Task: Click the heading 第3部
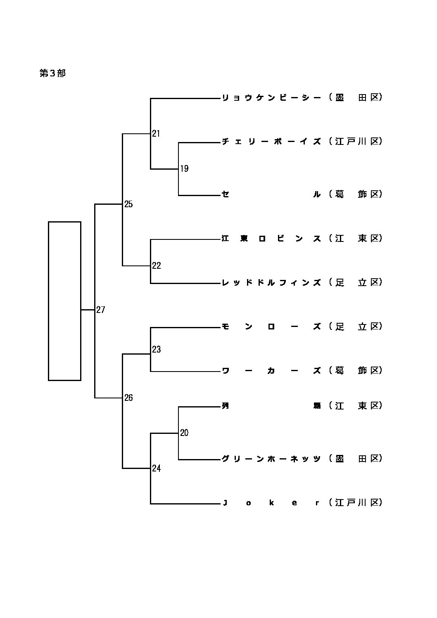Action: [52, 73]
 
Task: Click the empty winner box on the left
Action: [64, 301]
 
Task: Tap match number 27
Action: [101, 310]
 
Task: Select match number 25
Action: [128, 204]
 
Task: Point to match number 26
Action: [128, 398]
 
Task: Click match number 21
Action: [156, 133]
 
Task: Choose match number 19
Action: [184, 168]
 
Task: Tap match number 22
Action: [156, 265]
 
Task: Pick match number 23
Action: [156, 350]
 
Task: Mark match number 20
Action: [184, 433]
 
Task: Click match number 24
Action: [156, 468]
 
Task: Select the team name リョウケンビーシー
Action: [271, 98]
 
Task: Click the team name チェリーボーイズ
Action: [271, 142]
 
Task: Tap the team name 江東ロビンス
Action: [271, 239]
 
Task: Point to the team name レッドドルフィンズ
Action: [271, 283]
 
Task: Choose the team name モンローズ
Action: [271, 327]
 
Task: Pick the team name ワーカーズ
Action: [271, 371]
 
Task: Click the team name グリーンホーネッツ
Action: [271, 459]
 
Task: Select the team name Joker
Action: [271, 503]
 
